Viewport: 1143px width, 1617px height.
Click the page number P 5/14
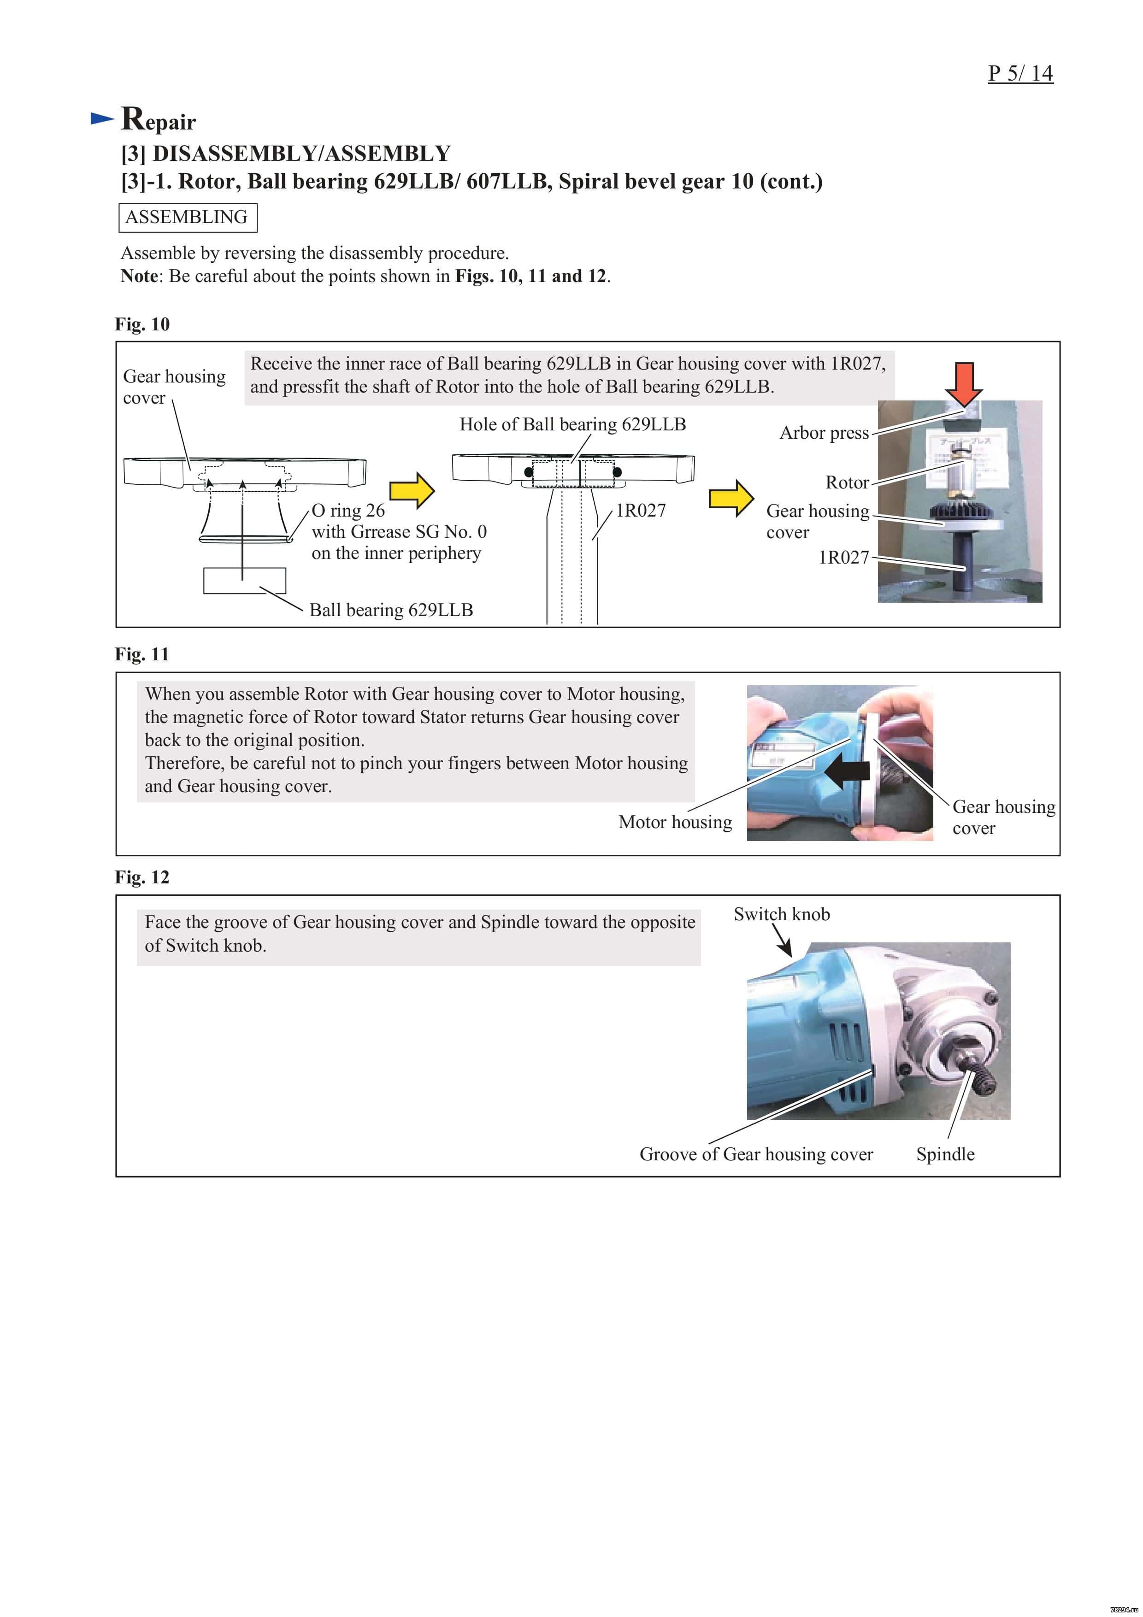pyautogui.click(x=1020, y=73)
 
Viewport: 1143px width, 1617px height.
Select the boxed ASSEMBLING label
pyautogui.click(x=187, y=217)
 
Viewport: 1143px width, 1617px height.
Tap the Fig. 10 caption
pyautogui.click(x=142, y=324)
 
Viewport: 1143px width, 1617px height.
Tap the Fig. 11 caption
pyautogui.click(x=142, y=654)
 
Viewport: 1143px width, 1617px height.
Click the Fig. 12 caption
pyautogui.click(x=142, y=877)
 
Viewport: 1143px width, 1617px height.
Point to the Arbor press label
pyautogui.click(x=824, y=432)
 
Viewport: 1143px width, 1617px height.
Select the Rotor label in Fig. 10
pyautogui.click(x=847, y=482)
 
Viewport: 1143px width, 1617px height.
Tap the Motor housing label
pyautogui.click(x=675, y=822)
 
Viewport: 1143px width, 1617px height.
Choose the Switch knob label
pyautogui.click(x=782, y=914)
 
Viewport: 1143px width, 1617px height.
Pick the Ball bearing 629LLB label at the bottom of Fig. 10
pyautogui.click(x=391, y=610)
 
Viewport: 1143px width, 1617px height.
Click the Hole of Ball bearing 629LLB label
pyautogui.click(x=572, y=424)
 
